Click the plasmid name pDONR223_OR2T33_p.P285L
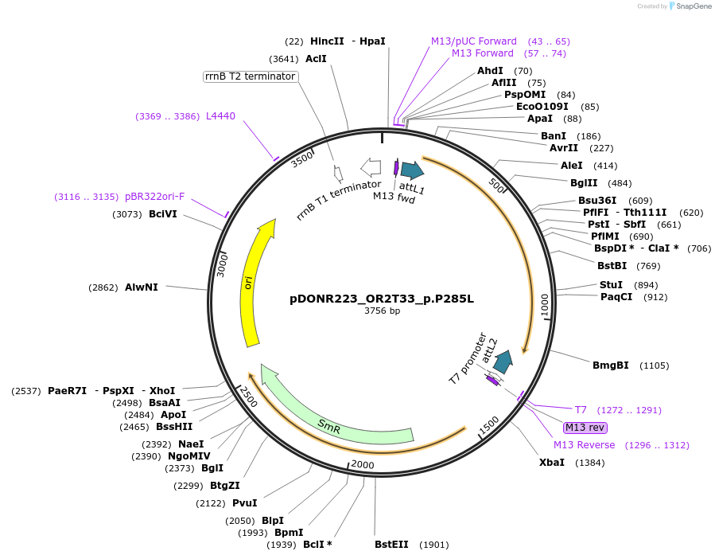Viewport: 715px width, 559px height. pos(382,299)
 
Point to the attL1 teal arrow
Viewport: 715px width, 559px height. pos(411,170)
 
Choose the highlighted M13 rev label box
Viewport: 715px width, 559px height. pos(585,428)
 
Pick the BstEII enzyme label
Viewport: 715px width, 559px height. pos(391,545)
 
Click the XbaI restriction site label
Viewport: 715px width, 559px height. pos(551,463)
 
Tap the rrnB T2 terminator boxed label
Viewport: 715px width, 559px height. pos(251,76)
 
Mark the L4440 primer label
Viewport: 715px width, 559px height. pos(220,116)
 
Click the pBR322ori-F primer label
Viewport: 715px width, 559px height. pos(154,197)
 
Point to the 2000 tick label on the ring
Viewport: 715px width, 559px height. pos(362,465)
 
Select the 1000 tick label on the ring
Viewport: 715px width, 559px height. pos(545,305)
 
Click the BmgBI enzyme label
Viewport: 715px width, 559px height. pos(610,365)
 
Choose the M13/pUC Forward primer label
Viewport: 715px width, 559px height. pos(473,41)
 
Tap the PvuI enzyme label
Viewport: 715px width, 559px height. pos(244,503)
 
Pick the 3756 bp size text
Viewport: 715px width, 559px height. pos(382,311)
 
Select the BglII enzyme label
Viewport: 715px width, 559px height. pos(585,183)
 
